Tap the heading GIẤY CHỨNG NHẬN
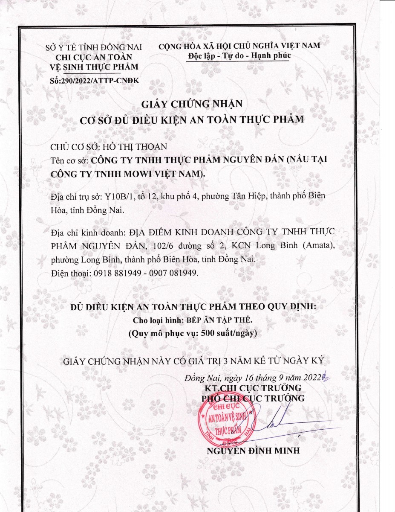pyautogui.click(x=192, y=104)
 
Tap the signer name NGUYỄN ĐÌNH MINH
pyautogui.click(x=254, y=451)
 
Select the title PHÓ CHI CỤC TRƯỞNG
pyautogui.click(x=253, y=399)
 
